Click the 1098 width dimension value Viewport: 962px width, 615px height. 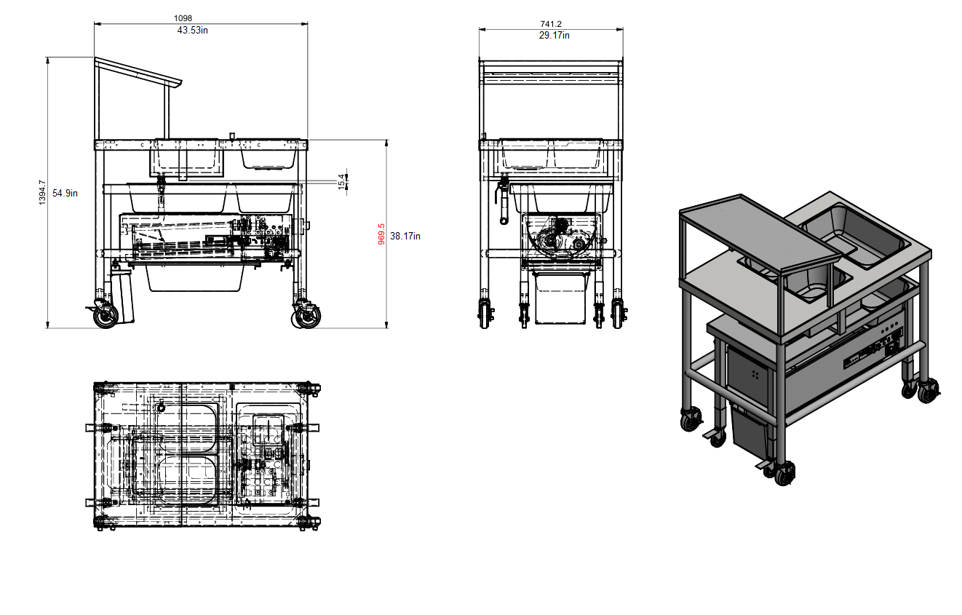(x=183, y=18)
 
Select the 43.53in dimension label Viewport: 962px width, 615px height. (x=193, y=31)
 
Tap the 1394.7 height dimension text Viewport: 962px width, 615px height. (x=41, y=193)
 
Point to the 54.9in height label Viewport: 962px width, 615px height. (x=65, y=193)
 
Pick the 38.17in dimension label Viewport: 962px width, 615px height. (x=405, y=236)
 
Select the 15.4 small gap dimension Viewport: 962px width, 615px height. (x=341, y=181)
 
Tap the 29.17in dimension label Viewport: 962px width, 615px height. (x=554, y=35)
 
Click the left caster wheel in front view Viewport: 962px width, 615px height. (x=106, y=316)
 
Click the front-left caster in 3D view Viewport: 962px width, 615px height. (x=693, y=419)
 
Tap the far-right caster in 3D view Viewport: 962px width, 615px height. (x=928, y=393)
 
